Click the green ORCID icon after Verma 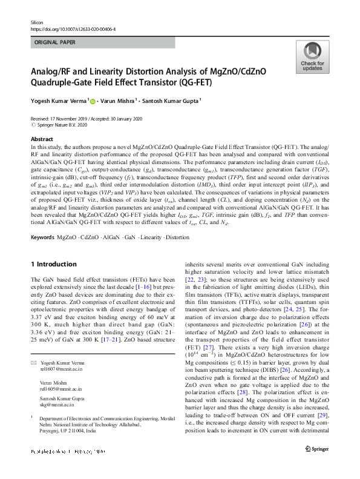(x=93, y=101)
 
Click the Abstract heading (x=42, y=139)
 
